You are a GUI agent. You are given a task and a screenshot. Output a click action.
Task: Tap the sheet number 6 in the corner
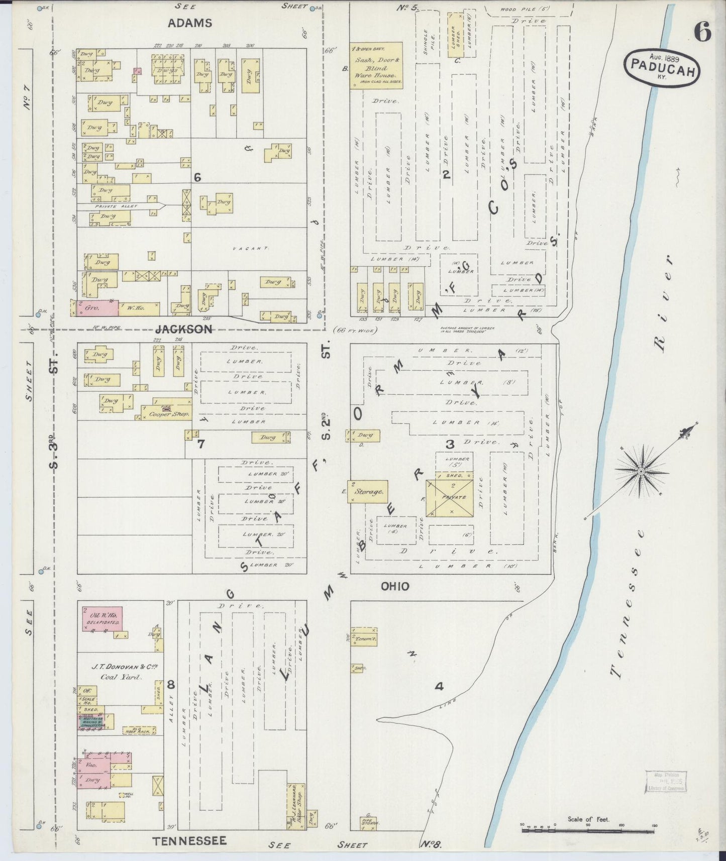tap(702, 33)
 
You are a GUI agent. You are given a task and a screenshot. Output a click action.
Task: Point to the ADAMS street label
tap(190, 23)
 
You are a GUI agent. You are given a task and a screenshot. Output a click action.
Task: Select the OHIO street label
tap(394, 586)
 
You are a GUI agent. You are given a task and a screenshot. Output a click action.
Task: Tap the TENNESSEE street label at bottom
tap(190, 841)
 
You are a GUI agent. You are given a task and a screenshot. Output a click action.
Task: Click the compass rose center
tap(641, 471)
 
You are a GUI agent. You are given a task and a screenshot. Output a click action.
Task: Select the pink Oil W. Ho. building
tap(102, 618)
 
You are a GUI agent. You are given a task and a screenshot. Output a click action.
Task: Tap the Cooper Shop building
tap(166, 409)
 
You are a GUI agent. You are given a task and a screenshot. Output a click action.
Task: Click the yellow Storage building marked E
tap(369, 492)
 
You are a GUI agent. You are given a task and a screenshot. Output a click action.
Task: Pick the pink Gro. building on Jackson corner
tap(94, 307)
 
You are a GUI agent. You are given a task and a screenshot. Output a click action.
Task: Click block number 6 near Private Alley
tap(197, 177)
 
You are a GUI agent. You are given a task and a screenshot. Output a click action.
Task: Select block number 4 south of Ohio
tap(439, 686)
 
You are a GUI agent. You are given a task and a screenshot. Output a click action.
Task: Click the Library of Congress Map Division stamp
tap(665, 783)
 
